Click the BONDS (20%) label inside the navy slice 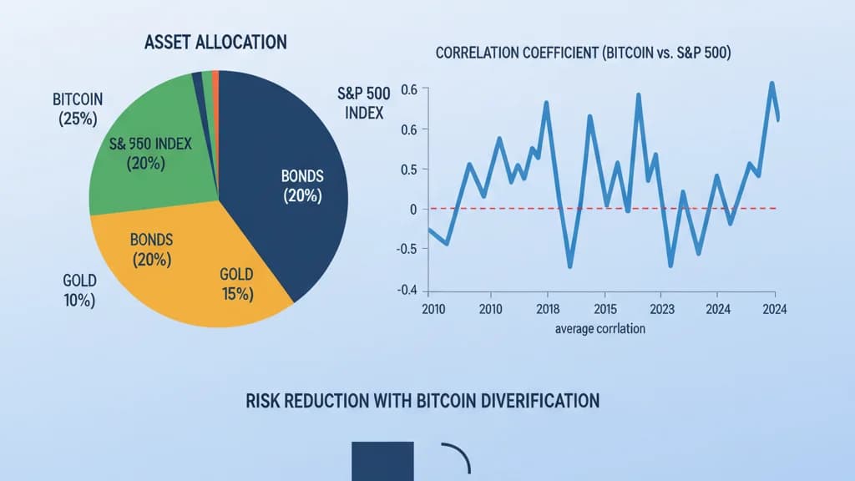[301, 186]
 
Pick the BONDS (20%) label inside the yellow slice [151, 250]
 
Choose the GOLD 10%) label [79, 289]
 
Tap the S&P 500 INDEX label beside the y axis [361, 101]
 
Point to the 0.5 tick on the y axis [407, 170]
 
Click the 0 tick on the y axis [412, 209]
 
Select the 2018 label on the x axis [547, 309]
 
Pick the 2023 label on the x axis [660, 309]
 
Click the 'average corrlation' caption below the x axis [600, 329]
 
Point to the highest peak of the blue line [772, 83]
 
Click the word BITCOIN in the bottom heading [446, 401]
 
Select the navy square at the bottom [382, 461]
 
